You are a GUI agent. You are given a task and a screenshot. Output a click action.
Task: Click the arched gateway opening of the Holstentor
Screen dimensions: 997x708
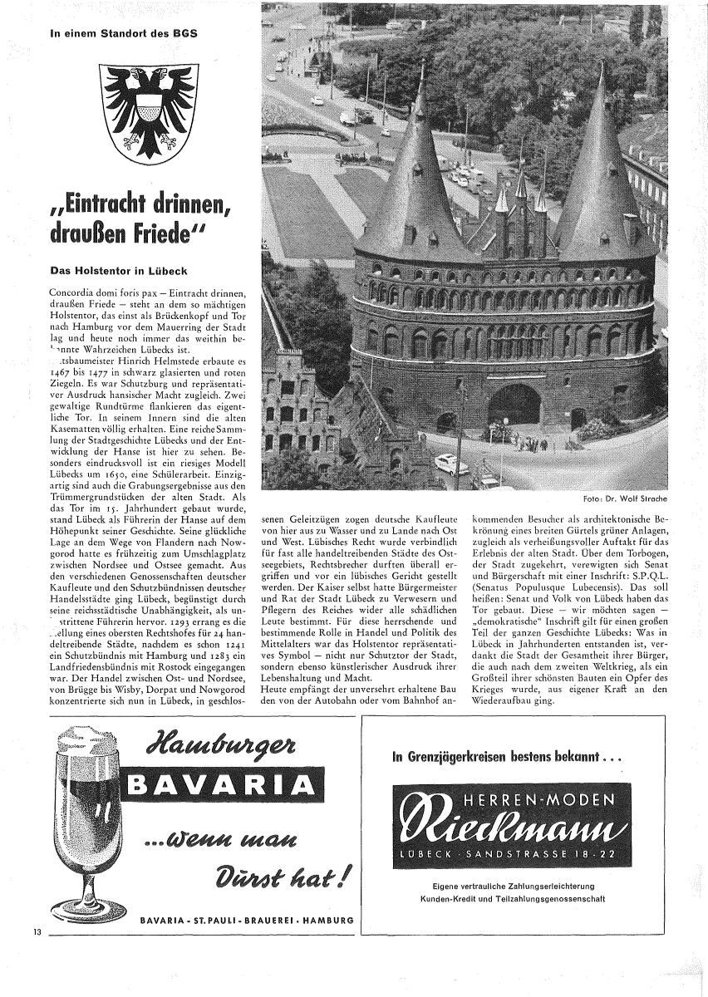tap(514, 405)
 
